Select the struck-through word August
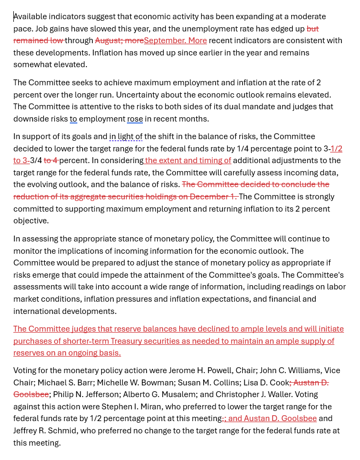tap(108, 41)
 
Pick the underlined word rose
tap(135, 119)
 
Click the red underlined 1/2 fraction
tap(337, 149)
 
